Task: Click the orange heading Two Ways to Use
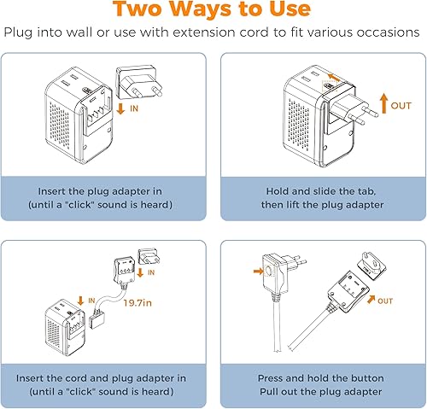click(213, 11)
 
